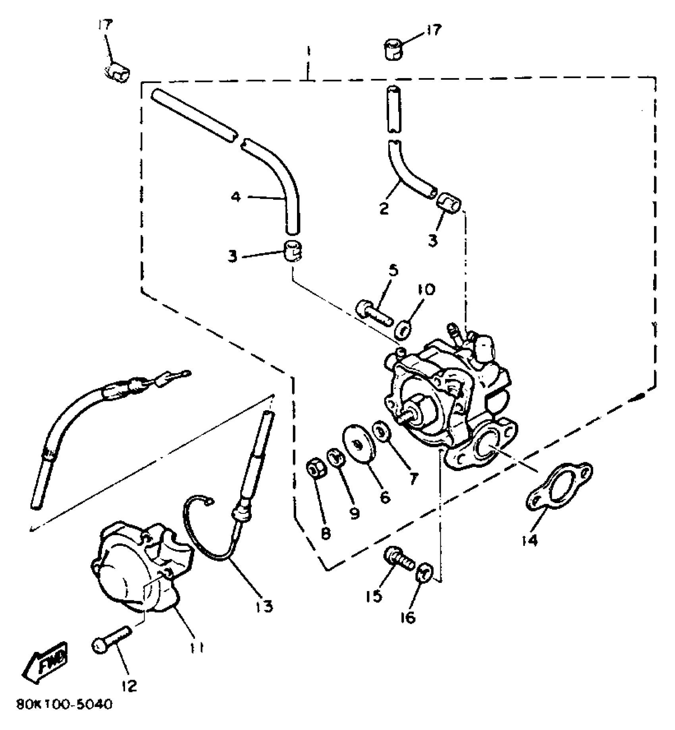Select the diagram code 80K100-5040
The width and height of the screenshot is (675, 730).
point(65,705)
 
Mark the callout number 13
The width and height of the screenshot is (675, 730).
point(265,606)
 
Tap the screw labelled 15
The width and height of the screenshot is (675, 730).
point(398,558)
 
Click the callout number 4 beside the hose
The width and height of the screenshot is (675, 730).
point(236,197)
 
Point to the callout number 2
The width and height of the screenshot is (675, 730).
point(384,209)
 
